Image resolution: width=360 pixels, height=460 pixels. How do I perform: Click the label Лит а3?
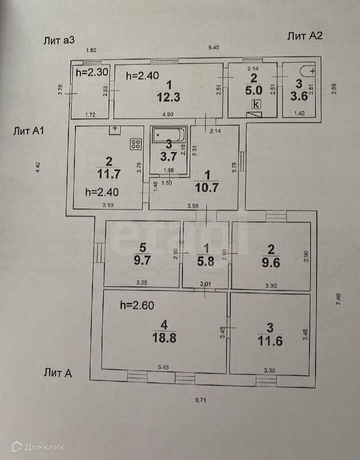[59, 41]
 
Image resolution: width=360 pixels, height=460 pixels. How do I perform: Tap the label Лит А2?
[304, 35]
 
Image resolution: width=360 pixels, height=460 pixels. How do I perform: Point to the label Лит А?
[58, 372]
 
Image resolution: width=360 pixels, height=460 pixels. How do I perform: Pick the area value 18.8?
[165, 337]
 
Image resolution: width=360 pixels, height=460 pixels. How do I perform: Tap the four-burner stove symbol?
[135, 144]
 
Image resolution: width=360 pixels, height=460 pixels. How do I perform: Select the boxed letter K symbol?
[256, 104]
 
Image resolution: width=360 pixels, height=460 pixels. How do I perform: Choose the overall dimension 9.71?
[201, 400]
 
